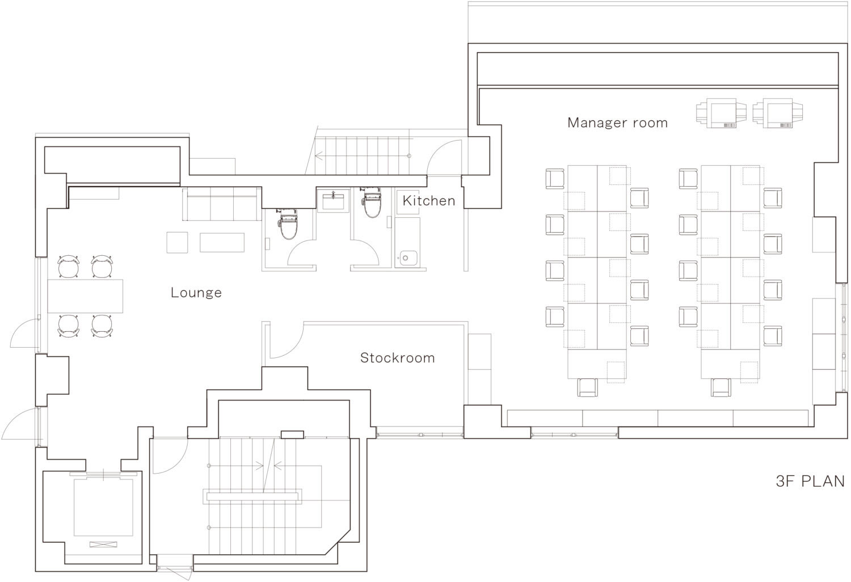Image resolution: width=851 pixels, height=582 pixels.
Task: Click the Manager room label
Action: click(617, 123)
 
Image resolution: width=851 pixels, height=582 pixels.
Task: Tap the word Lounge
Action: click(196, 293)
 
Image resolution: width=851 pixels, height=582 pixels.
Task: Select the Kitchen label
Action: click(429, 201)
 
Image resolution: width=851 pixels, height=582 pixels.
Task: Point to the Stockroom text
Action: click(397, 358)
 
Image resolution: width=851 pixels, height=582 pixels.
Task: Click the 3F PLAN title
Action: click(810, 482)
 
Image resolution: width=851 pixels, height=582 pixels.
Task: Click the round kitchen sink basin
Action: click(406, 258)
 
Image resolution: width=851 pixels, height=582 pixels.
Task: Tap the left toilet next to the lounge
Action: click(288, 224)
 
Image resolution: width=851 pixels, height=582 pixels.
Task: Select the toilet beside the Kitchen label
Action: click(372, 203)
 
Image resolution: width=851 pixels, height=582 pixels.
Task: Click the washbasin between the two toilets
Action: click(333, 201)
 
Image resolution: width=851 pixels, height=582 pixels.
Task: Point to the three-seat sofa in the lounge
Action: click(222, 204)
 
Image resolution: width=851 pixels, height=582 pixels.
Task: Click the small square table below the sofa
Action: click(177, 242)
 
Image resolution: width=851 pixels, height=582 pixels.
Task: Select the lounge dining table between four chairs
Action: click(85, 296)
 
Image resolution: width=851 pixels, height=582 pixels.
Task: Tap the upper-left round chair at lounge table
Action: click(69, 266)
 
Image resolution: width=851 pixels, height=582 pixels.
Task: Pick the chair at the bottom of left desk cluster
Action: click(587, 387)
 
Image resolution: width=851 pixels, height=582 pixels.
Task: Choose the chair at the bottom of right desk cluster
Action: click(721, 387)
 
